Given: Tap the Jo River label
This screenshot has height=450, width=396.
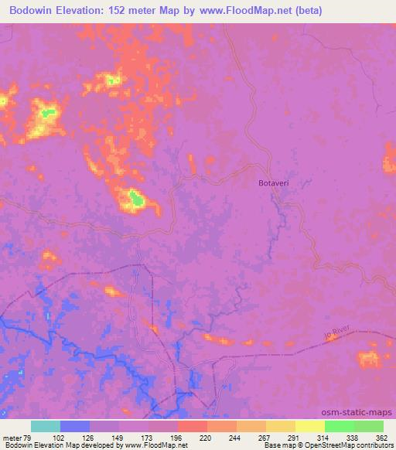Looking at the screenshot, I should coord(339,332).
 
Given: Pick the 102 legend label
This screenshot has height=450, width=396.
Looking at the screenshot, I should coord(60,438).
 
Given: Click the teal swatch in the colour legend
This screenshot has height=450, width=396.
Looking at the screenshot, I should coord(45,426).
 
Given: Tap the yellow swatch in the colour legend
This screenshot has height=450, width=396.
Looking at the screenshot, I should coord(309,426).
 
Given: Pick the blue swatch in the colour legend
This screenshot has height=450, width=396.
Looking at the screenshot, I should coord(74,426).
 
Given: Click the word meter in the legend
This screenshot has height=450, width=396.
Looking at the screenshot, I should coord(12,438).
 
